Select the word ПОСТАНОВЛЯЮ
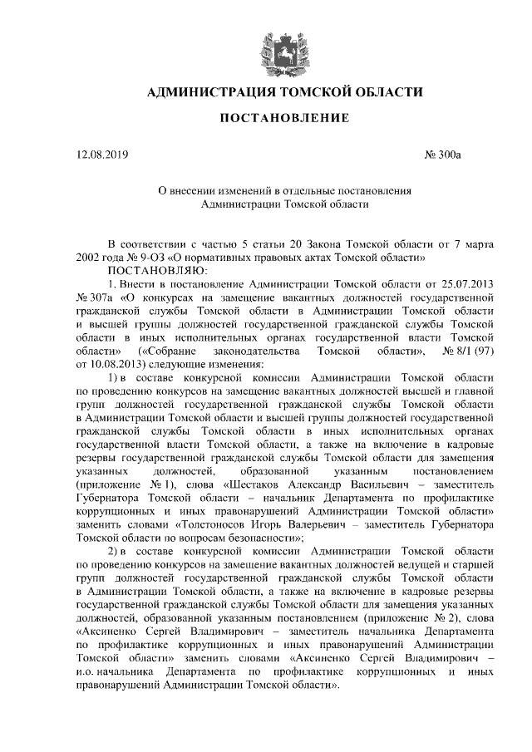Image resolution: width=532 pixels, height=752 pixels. tap(153, 270)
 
